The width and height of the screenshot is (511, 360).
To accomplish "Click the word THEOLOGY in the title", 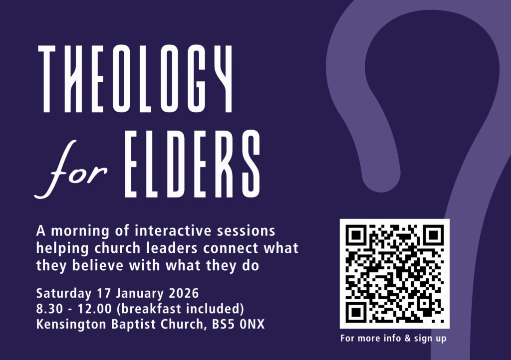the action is click(135, 78).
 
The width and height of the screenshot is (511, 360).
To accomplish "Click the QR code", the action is click(395, 274).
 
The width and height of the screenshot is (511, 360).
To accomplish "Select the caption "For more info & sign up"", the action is click(393, 338).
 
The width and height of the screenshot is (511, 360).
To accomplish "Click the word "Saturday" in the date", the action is click(64, 293).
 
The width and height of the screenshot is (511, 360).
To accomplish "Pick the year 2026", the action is click(184, 293).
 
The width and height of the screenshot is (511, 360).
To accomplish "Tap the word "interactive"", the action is click(173, 231).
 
